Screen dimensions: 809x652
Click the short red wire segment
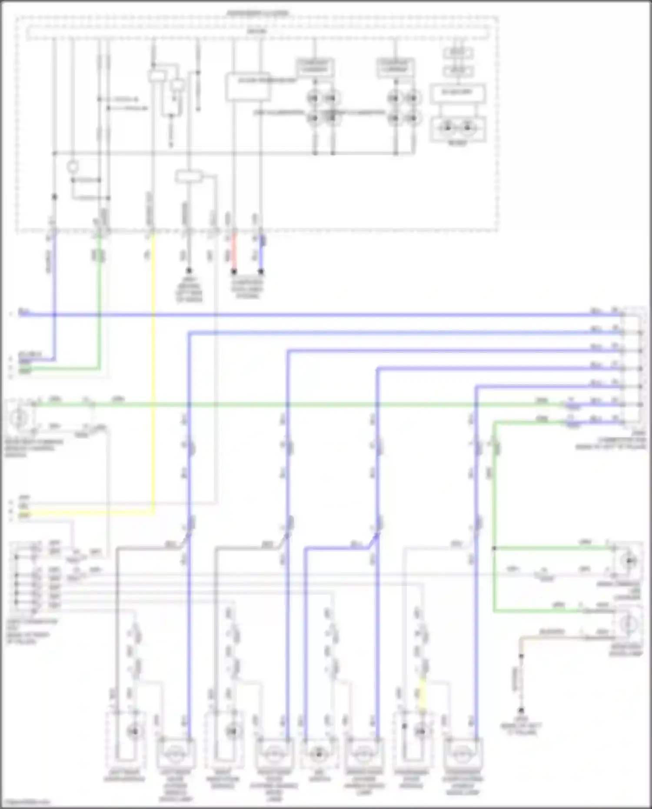tap(234, 252)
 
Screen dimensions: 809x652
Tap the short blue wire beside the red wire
tap(262, 252)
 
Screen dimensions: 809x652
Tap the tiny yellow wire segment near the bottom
tap(422, 696)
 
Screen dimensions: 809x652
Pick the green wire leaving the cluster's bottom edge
tap(100, 304)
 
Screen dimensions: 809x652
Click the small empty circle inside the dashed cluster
tap(73, 167)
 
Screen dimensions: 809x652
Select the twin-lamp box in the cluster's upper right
tap(457, 129)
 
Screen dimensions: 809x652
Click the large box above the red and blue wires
tap(248, 87)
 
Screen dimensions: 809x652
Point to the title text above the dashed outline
tap(257, 13)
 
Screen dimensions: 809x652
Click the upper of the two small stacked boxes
tap(457, 52)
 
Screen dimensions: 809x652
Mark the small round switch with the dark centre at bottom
tap(318, 752)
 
